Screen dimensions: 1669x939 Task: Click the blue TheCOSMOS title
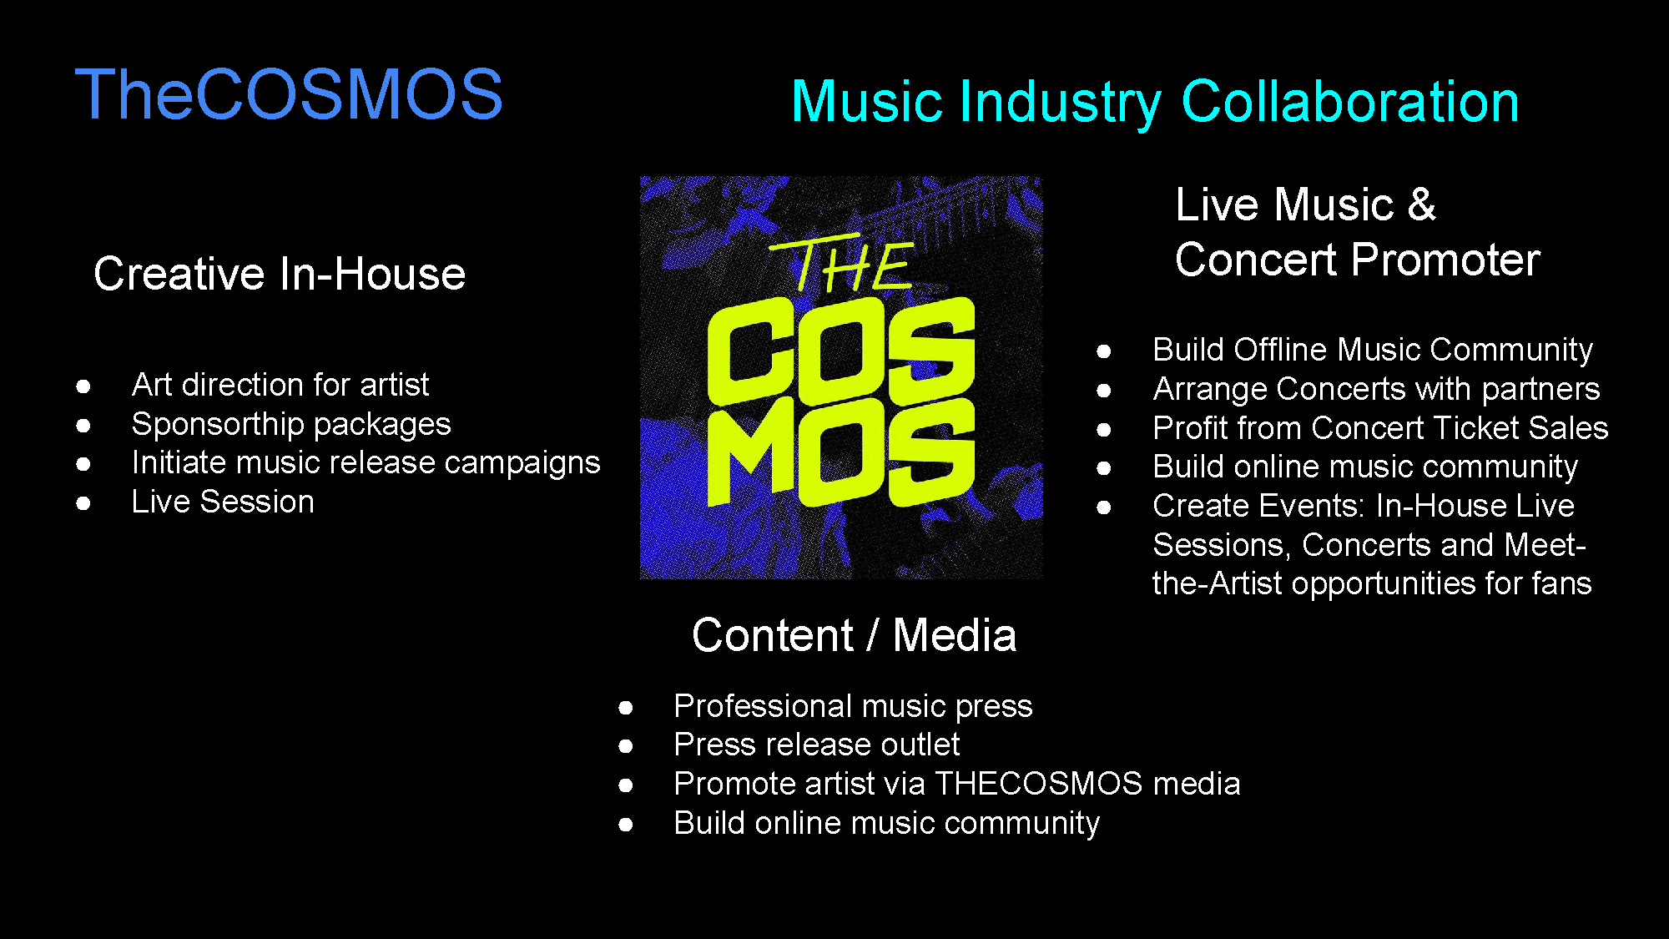[x=289, y=94]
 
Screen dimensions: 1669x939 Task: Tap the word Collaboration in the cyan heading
[x=1349, y=102]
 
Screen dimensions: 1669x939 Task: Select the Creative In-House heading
[x=280, y=274]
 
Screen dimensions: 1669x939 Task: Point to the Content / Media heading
[x=855, y=635]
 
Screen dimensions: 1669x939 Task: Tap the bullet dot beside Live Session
[x=83, y=502]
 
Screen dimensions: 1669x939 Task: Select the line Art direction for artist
[x=280, y=385]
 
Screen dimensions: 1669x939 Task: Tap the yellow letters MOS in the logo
[x=840, y=452]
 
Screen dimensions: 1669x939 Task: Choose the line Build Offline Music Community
[x=1373, y=350]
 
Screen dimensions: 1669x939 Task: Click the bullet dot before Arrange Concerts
[x=1103, y=390]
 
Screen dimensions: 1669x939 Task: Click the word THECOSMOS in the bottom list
[x=1038, y=784]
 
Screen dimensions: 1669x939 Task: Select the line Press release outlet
[x=817, y=745]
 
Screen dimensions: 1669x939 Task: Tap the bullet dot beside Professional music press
[x=626, y=708]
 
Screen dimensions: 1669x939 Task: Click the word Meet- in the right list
[x=1545, y=545]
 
